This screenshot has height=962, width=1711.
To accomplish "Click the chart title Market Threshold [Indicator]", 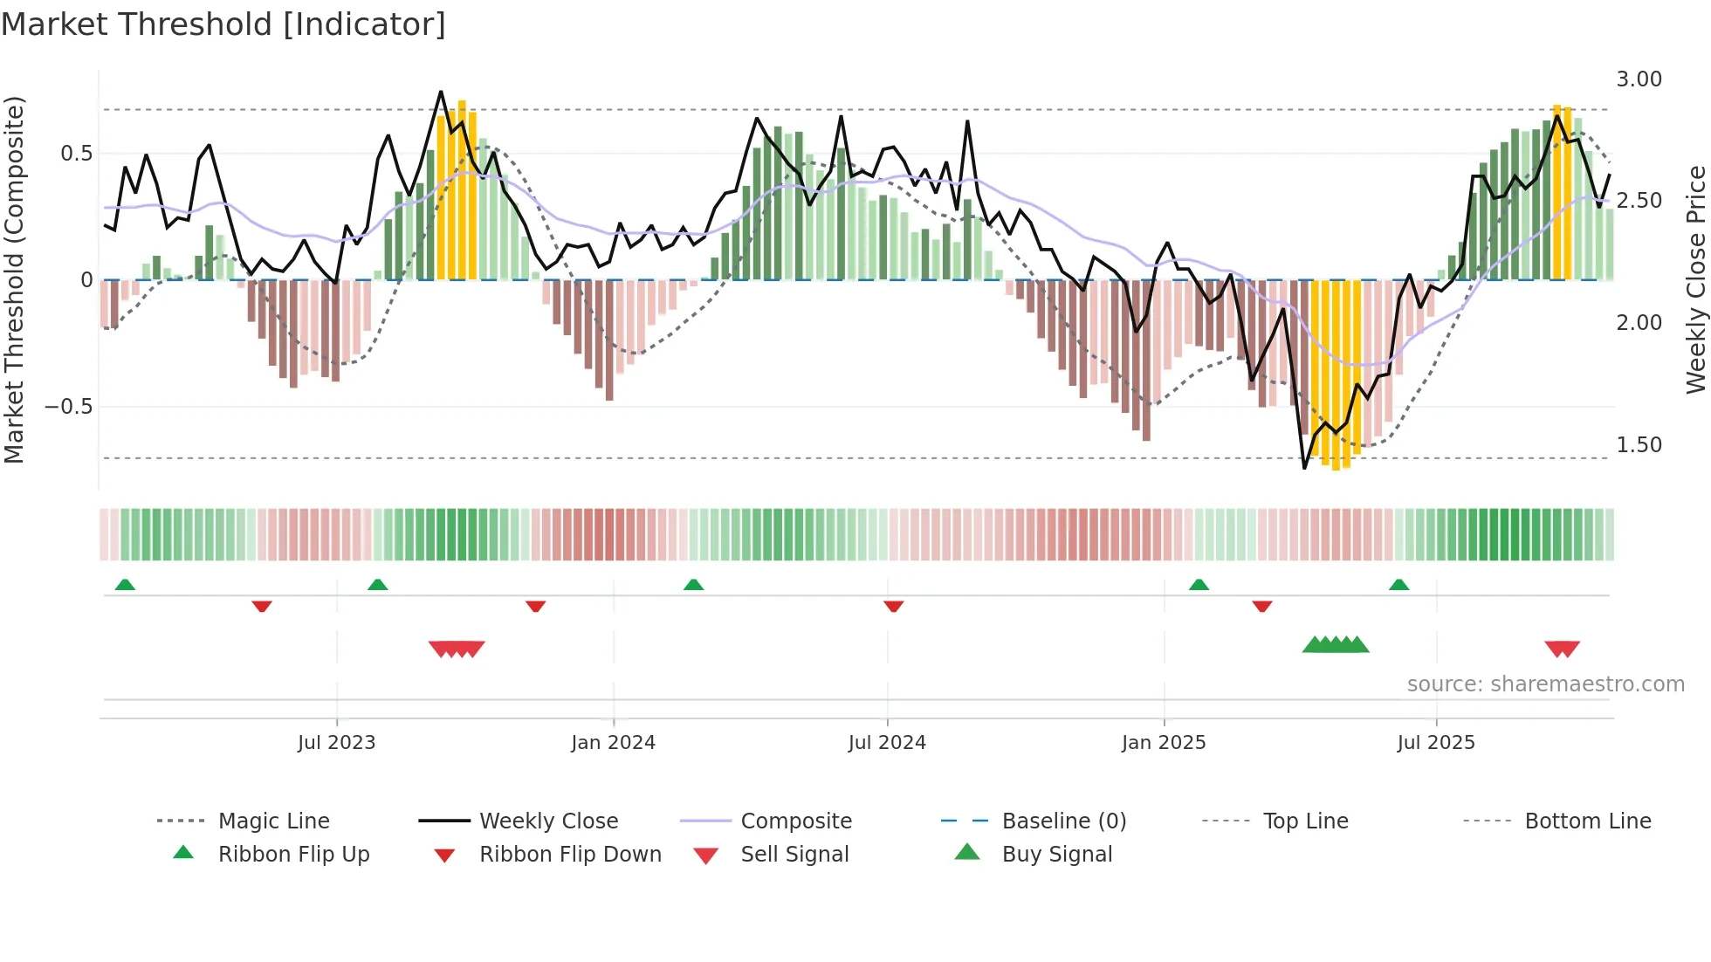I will (x=223, y=24).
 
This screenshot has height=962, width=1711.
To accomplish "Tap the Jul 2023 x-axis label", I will (x=336, y=743).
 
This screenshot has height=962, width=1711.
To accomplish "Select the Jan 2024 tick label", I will (x=613, y=743).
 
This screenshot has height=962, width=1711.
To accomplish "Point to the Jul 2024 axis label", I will (x=887, y=743).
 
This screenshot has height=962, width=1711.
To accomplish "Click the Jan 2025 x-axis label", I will (x=1164, y=743).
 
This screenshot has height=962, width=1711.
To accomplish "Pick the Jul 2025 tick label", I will (x=1436, y=743).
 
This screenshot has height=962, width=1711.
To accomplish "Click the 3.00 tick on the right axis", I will (x=1639, y=79).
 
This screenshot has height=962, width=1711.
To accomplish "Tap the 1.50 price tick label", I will (x=1639, y=445).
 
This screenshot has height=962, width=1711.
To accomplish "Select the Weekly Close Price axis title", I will (x=1695, y=279).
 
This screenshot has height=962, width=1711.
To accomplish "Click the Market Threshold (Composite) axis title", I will (x=14, y=279).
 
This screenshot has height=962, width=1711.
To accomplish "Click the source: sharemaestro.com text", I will (x=1545, y=684).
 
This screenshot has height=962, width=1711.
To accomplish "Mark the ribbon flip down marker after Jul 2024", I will (x=893, y=606).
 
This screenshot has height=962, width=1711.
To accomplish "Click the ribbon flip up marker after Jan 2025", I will (x=1199, y=585).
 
